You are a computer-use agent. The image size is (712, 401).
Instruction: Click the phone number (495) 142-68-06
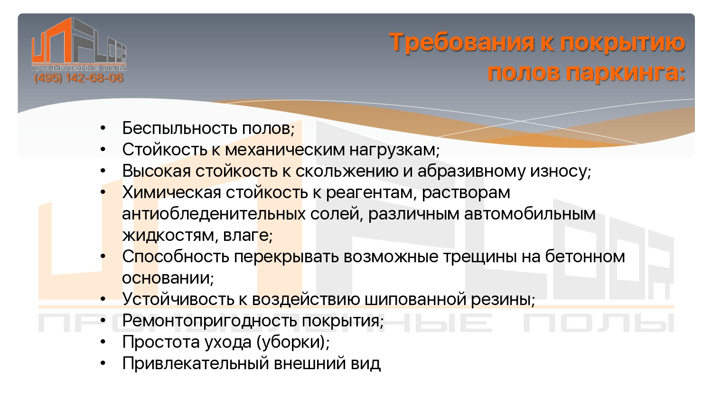[78, 78]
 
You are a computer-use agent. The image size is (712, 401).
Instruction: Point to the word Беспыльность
[179, 128]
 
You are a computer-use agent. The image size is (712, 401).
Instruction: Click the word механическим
[284, 150]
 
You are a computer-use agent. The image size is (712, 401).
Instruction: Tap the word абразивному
[471, 171]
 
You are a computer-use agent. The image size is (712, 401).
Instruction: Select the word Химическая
[171, 192]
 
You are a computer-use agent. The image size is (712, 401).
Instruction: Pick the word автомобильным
[530, 214]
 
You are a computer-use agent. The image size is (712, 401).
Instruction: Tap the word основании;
[168, 278]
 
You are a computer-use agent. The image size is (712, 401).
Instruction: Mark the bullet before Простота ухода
[103, 342]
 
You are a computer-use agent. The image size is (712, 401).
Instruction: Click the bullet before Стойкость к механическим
[103, 150]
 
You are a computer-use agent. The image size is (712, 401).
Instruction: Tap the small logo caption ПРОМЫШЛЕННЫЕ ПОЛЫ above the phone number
[79, 68]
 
